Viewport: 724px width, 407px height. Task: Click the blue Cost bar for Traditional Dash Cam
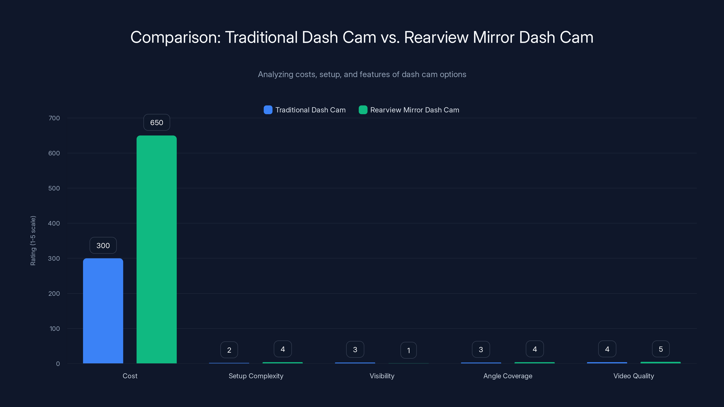tap(103, 311)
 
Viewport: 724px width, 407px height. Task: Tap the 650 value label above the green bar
tap(157, 123)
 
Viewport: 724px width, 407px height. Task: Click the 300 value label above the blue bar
tap(103, 246)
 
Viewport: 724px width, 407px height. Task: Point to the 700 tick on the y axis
tap(54, 118)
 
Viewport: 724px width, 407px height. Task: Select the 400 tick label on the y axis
tap(54, 223)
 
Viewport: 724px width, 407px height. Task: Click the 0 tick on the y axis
tap(58, 364)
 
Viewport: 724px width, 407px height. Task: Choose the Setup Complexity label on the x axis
tap(256, 376)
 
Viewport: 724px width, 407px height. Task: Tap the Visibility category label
tap(382, 376)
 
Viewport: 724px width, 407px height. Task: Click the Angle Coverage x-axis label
tap(507, 376)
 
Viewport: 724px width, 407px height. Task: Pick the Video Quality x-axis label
tap(633, 376)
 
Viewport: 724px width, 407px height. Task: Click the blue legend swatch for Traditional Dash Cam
tap(268, 110)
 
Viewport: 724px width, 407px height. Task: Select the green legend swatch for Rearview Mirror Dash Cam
tap(363, 110)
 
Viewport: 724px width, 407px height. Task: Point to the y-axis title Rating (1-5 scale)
tap(33, 240)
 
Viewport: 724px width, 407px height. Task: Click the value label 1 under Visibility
tap(408, 350)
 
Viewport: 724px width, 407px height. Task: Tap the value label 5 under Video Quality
tap(660, 349)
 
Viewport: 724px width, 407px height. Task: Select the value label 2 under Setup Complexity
tap(229, 350)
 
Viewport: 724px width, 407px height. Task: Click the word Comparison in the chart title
tap(175, 37)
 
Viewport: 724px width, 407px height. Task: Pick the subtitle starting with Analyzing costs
tap(362, 74)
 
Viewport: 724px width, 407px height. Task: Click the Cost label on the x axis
tap(130, 376)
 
